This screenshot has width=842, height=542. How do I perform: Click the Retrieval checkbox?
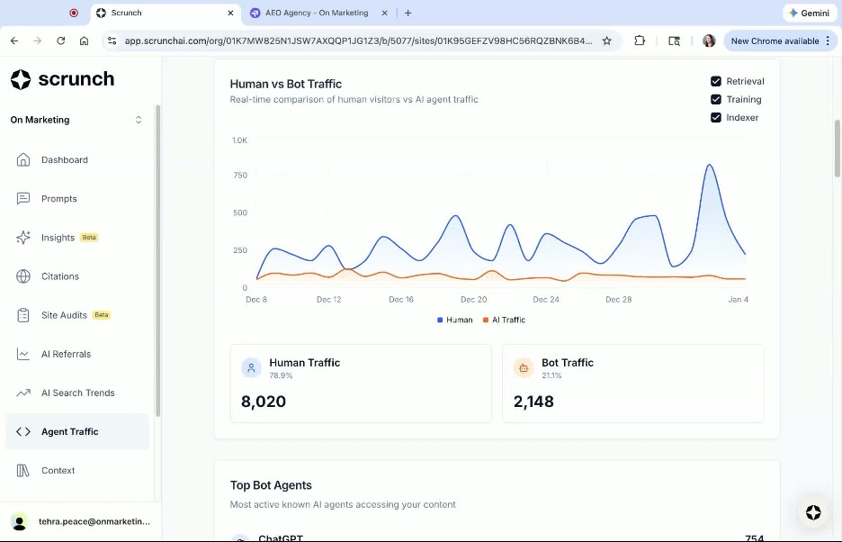pyautogui.click(x=716, y=81)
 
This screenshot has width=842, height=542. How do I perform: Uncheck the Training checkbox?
pyautogui.click(x=716, y=99)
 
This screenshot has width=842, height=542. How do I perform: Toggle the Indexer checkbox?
pyautogui.click(x=716, y=117)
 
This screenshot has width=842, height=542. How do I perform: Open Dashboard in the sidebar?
pyautogui.click(x=65, y=160)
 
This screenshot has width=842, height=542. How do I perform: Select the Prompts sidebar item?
pyautogui.click(x=59, y=199)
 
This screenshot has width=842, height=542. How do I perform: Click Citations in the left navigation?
pyautogui.click(x=60, y=276)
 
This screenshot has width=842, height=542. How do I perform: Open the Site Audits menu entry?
pyautogui.click(x=64, y=315)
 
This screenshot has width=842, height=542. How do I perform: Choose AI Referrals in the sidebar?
pyautogui.click(x=66, y=354)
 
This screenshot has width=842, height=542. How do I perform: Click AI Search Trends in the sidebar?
pyautogui.click(x=77, y=393)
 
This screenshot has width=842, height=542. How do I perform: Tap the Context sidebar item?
pyautogui.click(x=58, y=470)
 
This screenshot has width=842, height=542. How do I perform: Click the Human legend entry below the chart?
pyautogui.click(x=455, y=320)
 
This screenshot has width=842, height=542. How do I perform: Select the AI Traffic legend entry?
pyautogui.click(x=505, y=320)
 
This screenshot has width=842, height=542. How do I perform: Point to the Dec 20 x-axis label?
pyautogui.click(x=473, y=299)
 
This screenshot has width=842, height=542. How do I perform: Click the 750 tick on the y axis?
pyautogui.click(x=239, y=175)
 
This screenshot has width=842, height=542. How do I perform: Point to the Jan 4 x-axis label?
pyautogui.click(x=738, y=299)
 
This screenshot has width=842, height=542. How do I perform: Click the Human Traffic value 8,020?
pyautogui.click(x=264, y=402)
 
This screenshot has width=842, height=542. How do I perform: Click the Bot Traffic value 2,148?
pyautogui.click(x=533, y=402)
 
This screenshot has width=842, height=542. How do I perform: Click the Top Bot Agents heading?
pyautogui.click(x=271, y=485)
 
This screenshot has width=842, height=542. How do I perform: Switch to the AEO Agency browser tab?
pyautogui.click(x=317, y=14)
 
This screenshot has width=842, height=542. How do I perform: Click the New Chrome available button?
pyautogui.click(x=775, y=41)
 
